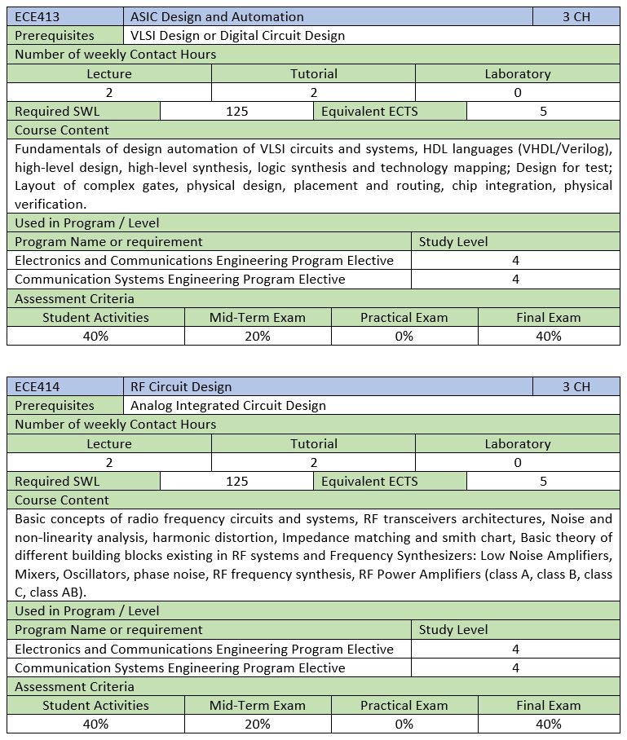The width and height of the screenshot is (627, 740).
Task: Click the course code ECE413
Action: [x=38, y=16]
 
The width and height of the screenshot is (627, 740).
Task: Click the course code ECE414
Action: [x=38, y=386]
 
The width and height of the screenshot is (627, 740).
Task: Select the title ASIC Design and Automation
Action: [x=217, y=16]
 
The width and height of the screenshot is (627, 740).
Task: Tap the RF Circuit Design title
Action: [x=181, y=386]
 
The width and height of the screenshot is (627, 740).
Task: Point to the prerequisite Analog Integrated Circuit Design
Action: [x=228, y=405]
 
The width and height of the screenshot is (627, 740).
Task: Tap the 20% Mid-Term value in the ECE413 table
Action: [x=258, y=336]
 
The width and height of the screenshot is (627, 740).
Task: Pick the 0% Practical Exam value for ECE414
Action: [x=404, y=724]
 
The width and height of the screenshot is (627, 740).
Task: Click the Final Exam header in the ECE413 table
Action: [x=548, y=317]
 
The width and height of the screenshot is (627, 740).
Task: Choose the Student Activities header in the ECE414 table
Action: [x=95, y=705]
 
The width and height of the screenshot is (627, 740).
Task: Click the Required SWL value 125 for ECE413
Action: [x=236, y=111]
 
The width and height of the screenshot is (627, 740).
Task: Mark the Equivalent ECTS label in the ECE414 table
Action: [x=369, y=481]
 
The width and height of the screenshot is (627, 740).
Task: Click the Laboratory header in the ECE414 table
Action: [x=518, y=443]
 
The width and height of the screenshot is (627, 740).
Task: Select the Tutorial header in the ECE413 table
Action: [x=314, y=73]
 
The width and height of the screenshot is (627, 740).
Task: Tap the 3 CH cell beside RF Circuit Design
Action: [x=576, y=386]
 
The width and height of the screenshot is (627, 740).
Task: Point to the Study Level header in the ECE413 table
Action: [x=453, y=241]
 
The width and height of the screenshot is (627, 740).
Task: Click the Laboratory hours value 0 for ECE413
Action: [x=518, y=92]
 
